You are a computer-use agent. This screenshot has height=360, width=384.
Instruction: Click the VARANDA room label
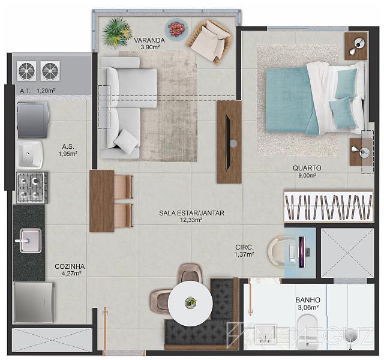coord(149,40)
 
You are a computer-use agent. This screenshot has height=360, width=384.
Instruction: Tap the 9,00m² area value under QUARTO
coord(307,175)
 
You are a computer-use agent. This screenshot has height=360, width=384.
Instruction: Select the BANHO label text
coord(308,300)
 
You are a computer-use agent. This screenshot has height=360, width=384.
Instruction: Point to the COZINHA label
coord(70,266)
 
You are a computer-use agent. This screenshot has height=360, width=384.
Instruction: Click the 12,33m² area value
coord(191,220)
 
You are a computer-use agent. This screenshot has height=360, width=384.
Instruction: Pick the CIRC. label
coord(244,247)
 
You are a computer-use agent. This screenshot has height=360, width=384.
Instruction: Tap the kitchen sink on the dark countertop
coord(30,241)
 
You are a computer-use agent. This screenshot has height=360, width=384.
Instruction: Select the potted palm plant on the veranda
coord(117,32)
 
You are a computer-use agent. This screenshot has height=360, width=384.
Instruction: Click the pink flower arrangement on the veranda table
coord(176,28)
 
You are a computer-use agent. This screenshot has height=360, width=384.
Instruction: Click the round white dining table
coord(190,302)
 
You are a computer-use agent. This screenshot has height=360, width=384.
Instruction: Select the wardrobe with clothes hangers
coord(329,205)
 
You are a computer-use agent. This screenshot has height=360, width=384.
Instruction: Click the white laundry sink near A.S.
coord(30,155)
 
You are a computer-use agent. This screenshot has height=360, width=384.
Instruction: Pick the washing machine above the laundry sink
coord(33,120)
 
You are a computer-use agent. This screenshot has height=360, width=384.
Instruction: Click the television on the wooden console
coord(228,142)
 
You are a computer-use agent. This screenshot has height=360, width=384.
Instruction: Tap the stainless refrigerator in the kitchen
coord(34,302)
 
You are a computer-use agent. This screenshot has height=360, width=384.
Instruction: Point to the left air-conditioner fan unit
coord(26,71)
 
